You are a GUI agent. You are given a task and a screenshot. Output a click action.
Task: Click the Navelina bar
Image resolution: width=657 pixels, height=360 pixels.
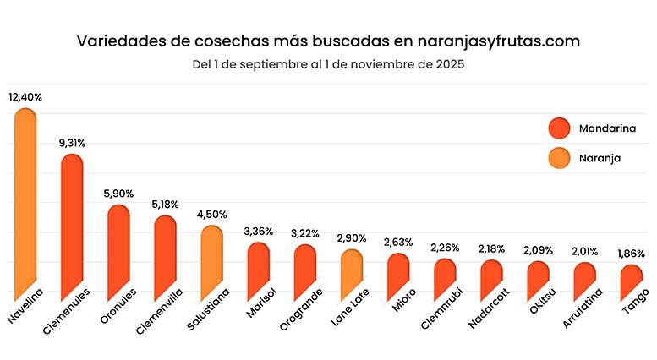25,203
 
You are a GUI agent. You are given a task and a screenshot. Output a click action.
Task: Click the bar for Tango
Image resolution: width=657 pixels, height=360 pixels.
631,281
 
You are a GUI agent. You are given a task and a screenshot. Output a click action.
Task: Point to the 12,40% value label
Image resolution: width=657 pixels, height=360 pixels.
25,97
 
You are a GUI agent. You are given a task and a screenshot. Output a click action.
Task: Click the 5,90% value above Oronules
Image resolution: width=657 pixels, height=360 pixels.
118,194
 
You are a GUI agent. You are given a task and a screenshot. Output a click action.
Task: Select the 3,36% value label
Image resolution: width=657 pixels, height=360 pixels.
258,231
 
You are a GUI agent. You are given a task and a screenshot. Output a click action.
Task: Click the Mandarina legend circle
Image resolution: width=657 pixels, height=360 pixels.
560,128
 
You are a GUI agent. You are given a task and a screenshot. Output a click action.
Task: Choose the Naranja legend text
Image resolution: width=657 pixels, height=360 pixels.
600,156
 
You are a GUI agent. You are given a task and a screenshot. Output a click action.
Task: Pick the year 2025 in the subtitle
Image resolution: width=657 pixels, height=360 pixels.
447,63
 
